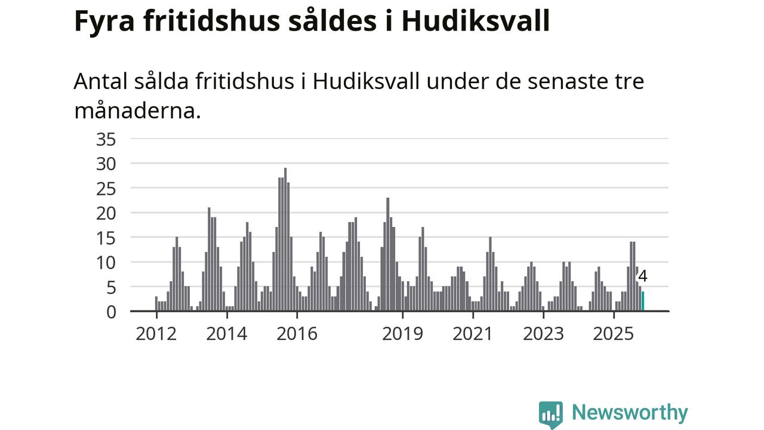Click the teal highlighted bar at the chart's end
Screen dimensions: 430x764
pyautogui.click(x=643, y=301)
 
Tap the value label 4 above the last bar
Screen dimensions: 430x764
pyautogui.click(x=643, y=276)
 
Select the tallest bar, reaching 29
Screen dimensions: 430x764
pyautogui.click(x=285, y=239)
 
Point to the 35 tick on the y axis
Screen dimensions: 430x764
pyautogui.click(x=106, y=139)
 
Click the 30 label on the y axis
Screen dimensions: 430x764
pyautogui.click(x=106, y=164)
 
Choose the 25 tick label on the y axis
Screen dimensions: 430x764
pyautogui.click(x=106, y=188)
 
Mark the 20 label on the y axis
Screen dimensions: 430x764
pyautogui.click(x=106, y=213)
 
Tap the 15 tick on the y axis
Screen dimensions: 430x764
pyautogui.click(x=106, y=238)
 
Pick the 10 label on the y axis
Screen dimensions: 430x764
pyautogui.click(x=106, y=262)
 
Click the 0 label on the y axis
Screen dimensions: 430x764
pyautogui.click(x=111, y=311)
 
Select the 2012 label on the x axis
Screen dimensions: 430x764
pyautogui.click(x=156, y=333)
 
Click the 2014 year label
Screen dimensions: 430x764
pyautogui.click(x=227, y=333)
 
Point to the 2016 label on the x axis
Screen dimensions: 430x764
pyautogui.click(x=297, y=333)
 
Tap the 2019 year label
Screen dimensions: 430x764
pyautogui.click(x=403, y=333)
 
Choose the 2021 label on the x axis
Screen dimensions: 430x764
pyautogui.click(x=473, y=333)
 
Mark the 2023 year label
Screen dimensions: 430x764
pyautogui.click(x=543, y=333)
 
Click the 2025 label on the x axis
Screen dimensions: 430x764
pyautogui.click(x=614, y=333)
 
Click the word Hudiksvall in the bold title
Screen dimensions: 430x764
pyautogui.click(x=475, y=21)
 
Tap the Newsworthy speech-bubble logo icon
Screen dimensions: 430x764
pyautogui.click(x=550, y=414)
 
